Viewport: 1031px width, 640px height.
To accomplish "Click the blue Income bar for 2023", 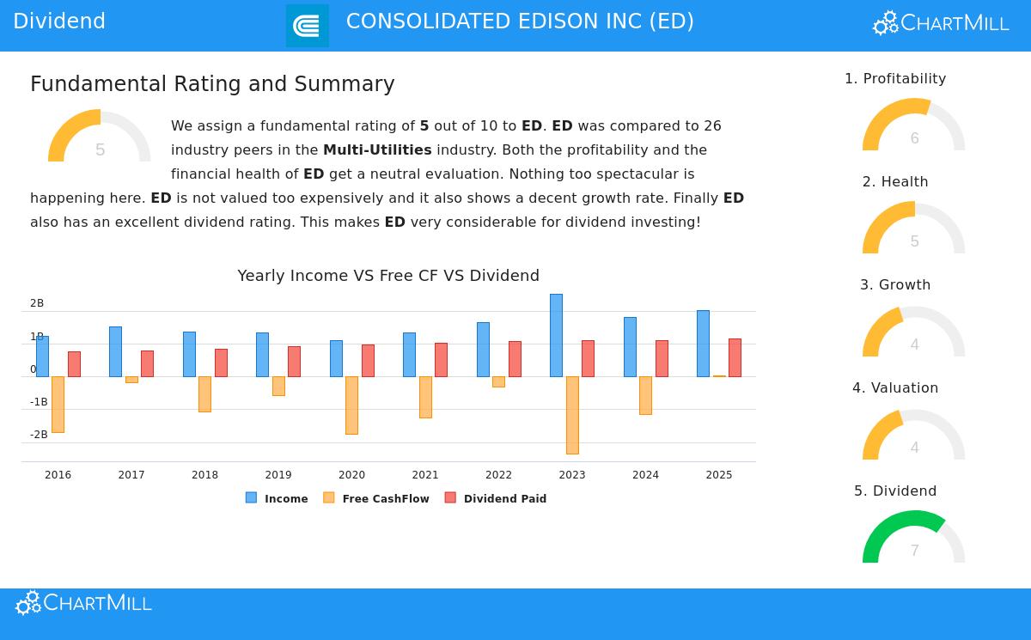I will [x=556, y=335].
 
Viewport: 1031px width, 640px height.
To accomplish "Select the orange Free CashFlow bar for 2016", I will [x=58, y=404].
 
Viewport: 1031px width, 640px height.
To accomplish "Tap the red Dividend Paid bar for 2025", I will [x=735, y=357].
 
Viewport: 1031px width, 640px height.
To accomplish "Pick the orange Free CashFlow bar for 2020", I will [x=351, y=405].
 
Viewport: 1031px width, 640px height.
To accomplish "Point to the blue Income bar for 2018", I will [x=189, y=354].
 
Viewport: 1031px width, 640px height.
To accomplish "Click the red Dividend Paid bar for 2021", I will [x=441, y=359].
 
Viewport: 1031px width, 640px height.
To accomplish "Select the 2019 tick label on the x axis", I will [x=278, y=475].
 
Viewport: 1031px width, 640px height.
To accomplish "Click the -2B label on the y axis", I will [x=38, y=435].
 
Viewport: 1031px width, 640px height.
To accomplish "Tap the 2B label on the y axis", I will [x=37, y=303].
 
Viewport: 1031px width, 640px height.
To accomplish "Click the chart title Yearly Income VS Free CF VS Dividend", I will [x=388, y=276].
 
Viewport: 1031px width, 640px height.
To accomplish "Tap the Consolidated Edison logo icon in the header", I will [x=308, y=26].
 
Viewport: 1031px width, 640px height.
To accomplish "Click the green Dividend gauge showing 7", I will [x=913, y=537].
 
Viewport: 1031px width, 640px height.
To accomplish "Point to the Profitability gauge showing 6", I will [x=913, y=125].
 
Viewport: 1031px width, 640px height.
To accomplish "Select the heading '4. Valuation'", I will [x=895, y=388].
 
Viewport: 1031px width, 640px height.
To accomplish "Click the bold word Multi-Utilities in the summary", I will [x=377, y=150].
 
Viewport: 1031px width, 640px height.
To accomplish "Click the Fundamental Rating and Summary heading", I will [x=212, y=84].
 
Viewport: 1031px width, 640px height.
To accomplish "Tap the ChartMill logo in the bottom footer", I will [x=83, y=603].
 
